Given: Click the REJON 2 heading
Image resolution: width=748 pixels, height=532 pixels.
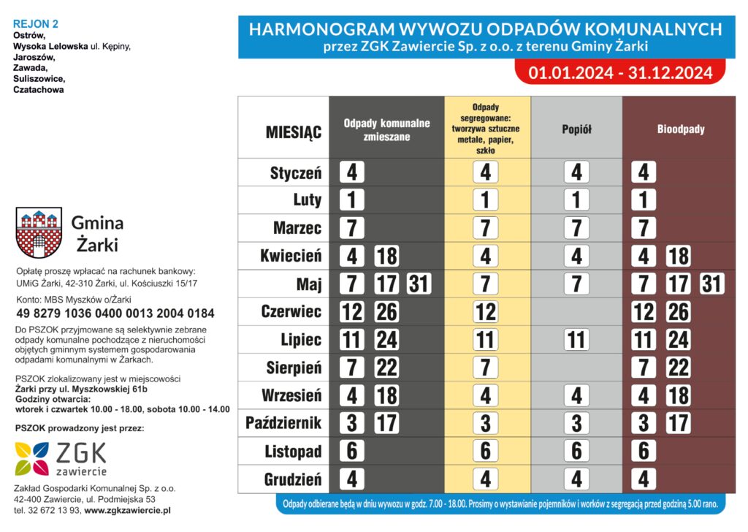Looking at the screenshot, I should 36,23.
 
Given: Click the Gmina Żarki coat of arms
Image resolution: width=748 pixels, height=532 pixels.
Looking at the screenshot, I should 37,232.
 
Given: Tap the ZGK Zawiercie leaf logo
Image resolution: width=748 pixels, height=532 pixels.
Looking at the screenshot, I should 32,458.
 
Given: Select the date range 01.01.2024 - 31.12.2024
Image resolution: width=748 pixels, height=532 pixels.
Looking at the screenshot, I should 620,72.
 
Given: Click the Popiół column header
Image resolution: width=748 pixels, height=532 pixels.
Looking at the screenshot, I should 576,129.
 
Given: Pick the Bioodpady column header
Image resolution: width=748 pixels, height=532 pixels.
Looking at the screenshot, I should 680,129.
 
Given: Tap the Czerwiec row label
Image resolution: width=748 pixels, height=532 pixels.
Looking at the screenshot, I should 291,312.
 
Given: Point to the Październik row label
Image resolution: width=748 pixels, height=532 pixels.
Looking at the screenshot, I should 283,423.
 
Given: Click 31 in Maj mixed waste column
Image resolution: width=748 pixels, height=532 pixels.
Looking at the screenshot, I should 419,284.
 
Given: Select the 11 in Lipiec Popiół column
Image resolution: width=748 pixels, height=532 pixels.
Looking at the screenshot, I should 576,340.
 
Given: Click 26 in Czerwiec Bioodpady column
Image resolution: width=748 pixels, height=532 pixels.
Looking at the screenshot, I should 678,312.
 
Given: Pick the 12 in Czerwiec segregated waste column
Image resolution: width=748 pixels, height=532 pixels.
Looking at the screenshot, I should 486,312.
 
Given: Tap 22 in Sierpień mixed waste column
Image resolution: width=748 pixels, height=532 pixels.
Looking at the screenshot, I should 386,368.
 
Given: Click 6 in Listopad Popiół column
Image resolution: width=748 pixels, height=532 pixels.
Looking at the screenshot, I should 576,451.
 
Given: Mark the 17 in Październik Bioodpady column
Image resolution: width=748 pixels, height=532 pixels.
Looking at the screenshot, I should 678,423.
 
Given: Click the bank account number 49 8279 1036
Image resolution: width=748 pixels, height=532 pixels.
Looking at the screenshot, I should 115,313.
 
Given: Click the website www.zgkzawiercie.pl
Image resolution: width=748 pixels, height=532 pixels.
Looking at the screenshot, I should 128,510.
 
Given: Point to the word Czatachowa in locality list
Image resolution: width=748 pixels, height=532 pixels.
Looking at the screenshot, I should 39,90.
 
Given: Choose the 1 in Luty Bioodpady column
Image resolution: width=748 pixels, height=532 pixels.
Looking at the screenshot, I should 644,200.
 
